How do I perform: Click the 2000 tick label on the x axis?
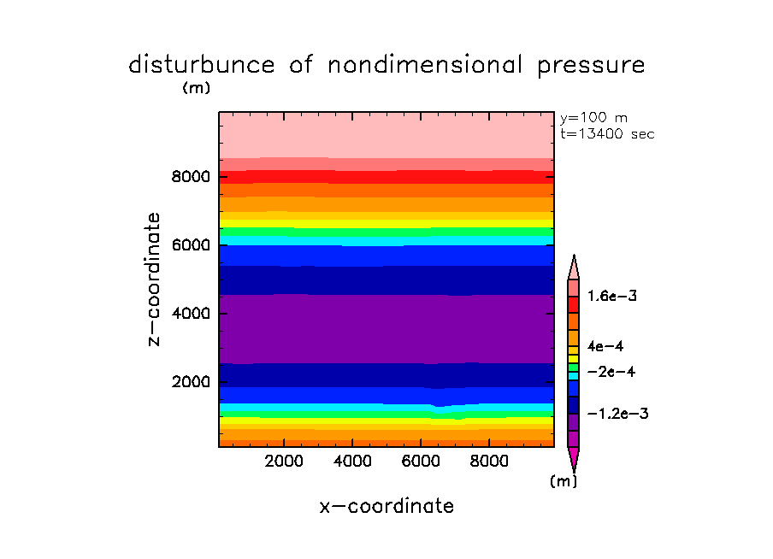pyautogui.click(x=285, y=462)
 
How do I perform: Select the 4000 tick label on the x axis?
pyautogui.click(x=353, y=462)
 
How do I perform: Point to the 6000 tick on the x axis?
pyautogui.click(x=422, y=462)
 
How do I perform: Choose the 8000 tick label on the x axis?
pyautogui.click(x=489, y=462)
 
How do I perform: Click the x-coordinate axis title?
pyautogui.click(x=386, y=506)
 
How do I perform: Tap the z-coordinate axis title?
pyautogui.click(x=155, y=279)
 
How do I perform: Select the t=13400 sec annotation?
pyautogui.click(x=606, y=134)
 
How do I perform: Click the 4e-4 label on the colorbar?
pyautogui.click(x=606, y=346)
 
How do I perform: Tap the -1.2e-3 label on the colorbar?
pyautogui.click(x=617, y=414)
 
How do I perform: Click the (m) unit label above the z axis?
pyautogui.click(x=196, y=87)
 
